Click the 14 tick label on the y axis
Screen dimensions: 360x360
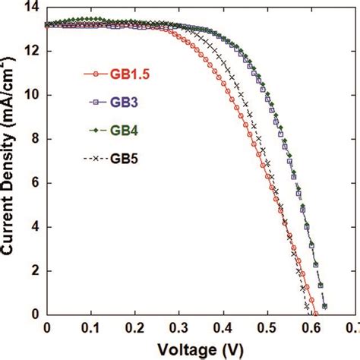point(32,7)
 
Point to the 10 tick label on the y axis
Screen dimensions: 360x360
point(32,95)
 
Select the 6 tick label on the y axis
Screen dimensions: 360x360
point(36,183)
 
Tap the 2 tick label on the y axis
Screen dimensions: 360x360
point(36,271)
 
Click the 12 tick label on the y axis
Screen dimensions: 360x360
point(32,51)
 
